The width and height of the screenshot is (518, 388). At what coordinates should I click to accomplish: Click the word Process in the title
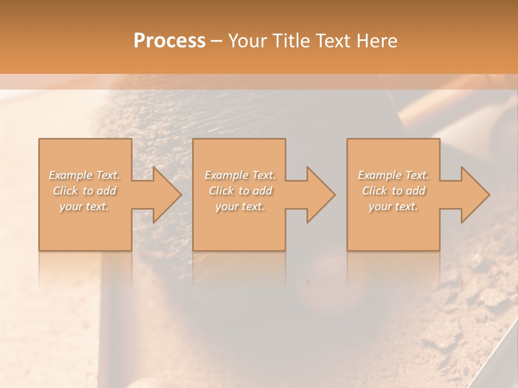(x=169, y=41)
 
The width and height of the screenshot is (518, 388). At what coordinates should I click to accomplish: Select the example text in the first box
(x=85, y=190)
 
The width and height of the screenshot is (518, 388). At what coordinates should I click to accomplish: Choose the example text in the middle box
(x=240, y=190)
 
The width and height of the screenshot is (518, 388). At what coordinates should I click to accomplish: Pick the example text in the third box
(x=393, y=190)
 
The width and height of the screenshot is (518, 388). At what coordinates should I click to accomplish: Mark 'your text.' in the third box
(x=393, y=206)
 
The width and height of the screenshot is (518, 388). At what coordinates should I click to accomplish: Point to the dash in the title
(x=217, y=41)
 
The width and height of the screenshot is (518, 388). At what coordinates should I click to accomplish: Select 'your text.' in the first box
(x=85, y=206)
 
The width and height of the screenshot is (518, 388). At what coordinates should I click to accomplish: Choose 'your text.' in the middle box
(x=240, y=206)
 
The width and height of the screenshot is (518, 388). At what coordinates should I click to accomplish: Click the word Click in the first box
(x=65, y=191)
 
